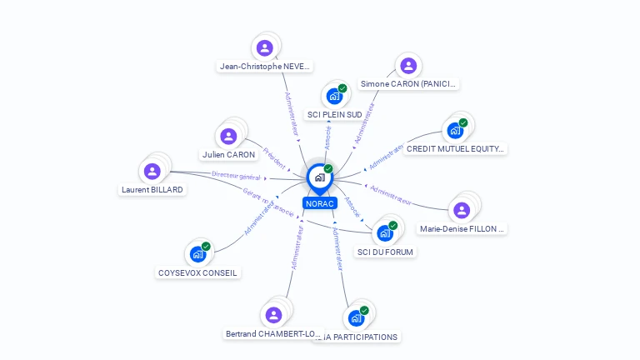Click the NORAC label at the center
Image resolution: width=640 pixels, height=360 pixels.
click(319, 203)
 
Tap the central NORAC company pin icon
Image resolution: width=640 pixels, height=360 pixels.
click(319, 177)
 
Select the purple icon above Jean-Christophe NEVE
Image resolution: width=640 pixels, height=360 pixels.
click(265, 47)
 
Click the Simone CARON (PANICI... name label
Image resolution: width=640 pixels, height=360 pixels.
click(408, 84)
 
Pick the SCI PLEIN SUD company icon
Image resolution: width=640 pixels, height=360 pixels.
click(335, 96)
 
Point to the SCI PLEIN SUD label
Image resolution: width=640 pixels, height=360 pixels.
click(334, 114)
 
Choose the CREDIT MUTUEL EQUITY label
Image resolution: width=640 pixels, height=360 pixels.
click(454, 149)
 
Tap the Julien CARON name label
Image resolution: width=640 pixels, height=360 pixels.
click(228, 155)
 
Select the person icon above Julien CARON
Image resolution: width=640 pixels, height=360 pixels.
click(228, 136)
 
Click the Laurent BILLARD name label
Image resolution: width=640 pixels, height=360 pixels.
click(152, 189)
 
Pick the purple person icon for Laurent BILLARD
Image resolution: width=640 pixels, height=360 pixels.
click(152, 171)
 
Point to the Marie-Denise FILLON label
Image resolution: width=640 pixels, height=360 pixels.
click(462, 228)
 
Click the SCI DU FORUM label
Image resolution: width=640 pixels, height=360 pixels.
click(385, 252)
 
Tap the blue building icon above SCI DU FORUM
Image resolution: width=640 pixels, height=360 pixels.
click(385, 232)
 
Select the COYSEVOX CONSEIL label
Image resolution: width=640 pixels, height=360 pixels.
click(197, 272)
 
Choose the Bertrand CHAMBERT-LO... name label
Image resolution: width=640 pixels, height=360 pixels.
click(274, 333)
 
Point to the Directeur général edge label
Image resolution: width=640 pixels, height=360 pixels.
click(236, 176)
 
